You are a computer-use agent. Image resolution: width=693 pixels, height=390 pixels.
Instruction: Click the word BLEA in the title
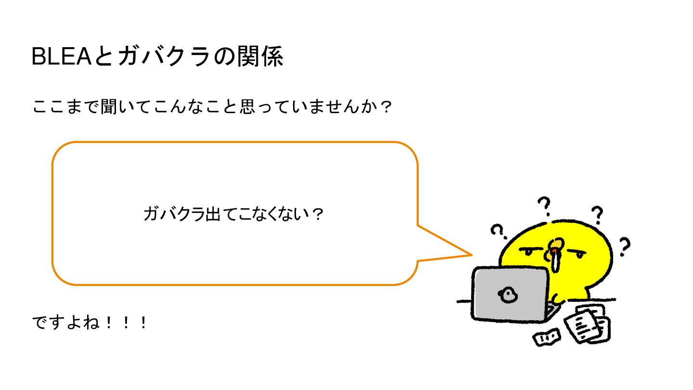click(61, 57)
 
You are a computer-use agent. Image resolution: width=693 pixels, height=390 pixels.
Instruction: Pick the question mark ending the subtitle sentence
click(385, 106)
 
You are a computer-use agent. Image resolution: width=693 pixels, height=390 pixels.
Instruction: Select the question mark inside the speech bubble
click(316, 214)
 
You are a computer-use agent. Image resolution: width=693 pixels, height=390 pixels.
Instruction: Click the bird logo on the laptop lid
click(507, 295)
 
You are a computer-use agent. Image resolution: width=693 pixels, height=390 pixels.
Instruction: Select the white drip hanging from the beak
click(556, 263)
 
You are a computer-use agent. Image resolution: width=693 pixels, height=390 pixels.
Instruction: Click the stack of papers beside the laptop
click(587, 324)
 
